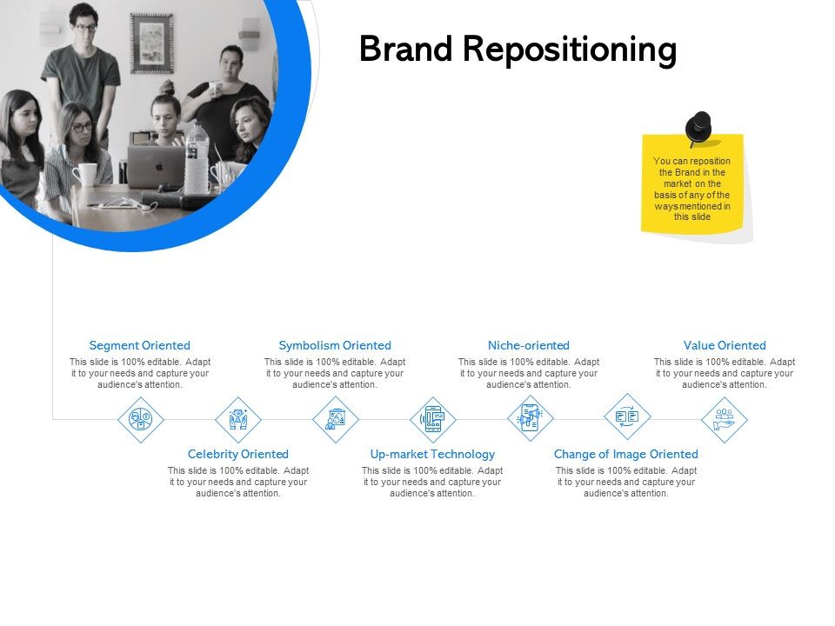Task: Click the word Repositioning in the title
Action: tap(569, 51)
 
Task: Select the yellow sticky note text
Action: tap(692, 189)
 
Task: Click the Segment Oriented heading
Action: tap(139, 345)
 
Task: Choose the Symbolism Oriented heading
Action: tap(335, 345)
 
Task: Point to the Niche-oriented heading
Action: tap(528, 345)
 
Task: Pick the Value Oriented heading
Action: tap(725, 345)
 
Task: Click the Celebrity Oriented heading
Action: tap(237, 454)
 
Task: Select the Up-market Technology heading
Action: tap(432, 454)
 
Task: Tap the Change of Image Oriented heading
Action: tap(626, 454)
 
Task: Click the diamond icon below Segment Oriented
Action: tap(141, 419)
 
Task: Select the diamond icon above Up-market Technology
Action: tap(433, 419)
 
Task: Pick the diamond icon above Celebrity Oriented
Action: tap(238, 419)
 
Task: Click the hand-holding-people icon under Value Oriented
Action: tap(725, 419)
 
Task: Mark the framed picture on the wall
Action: tap(151, 43)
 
